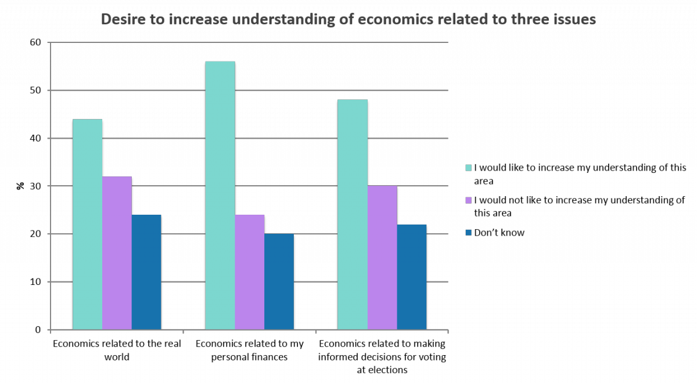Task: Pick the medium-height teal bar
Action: tap(353, 215)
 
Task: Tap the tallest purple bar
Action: tap(117, 253)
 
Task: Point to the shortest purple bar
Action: tap(249, 272)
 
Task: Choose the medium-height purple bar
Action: tap(382, 258)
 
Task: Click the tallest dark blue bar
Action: tap(146, 272)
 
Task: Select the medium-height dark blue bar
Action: tap(412, 277)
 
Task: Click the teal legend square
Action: tap(469, 168)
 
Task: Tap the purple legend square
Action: tap(469, 200)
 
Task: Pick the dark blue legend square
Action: tap(469, 233)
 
